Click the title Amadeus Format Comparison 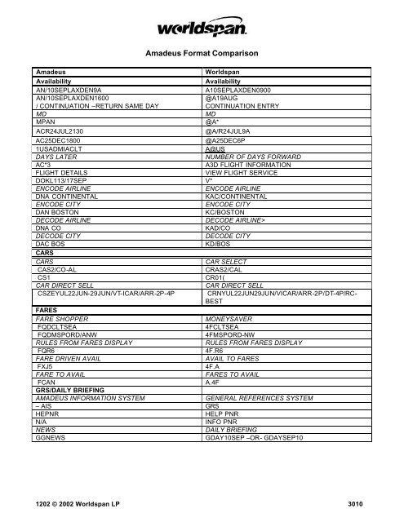[202, 53]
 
